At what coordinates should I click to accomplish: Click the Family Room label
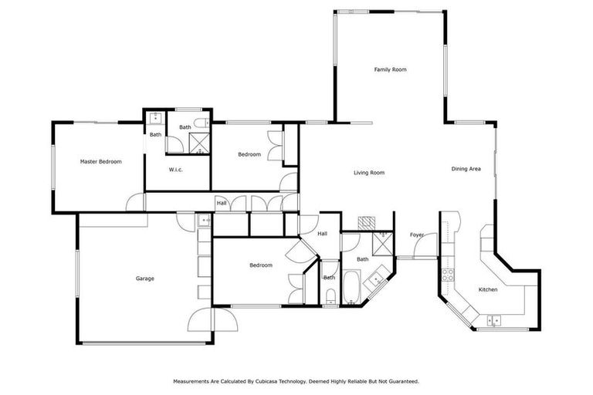[x=390, y=69]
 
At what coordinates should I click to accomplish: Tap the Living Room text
[x=369, y=173]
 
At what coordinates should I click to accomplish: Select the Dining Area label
[x=466, y=168]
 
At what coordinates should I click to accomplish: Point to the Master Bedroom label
[x=101, y=161]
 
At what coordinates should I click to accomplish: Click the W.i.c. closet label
[x=175, y=169]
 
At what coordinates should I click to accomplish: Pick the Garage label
[x=145, y=279]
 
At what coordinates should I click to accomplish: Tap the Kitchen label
[x=488, y=289]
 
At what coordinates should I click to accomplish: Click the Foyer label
[x=417, y=235]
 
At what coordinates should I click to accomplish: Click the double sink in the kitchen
[x=493, y=320]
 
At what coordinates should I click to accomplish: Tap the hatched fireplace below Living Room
[x=367, y=222]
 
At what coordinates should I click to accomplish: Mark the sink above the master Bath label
[x=155, y=118]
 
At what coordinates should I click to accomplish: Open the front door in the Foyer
[x=423, y=248]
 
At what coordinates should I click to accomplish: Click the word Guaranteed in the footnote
[x=400, y=381]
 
